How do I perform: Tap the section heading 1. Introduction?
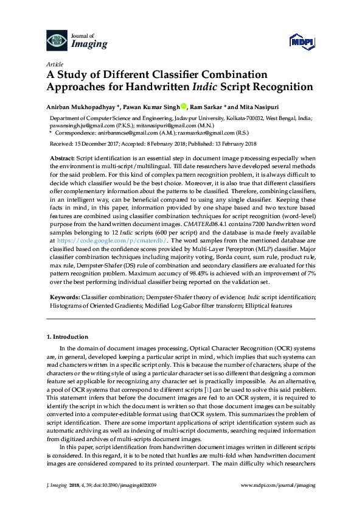coord(68,337)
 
